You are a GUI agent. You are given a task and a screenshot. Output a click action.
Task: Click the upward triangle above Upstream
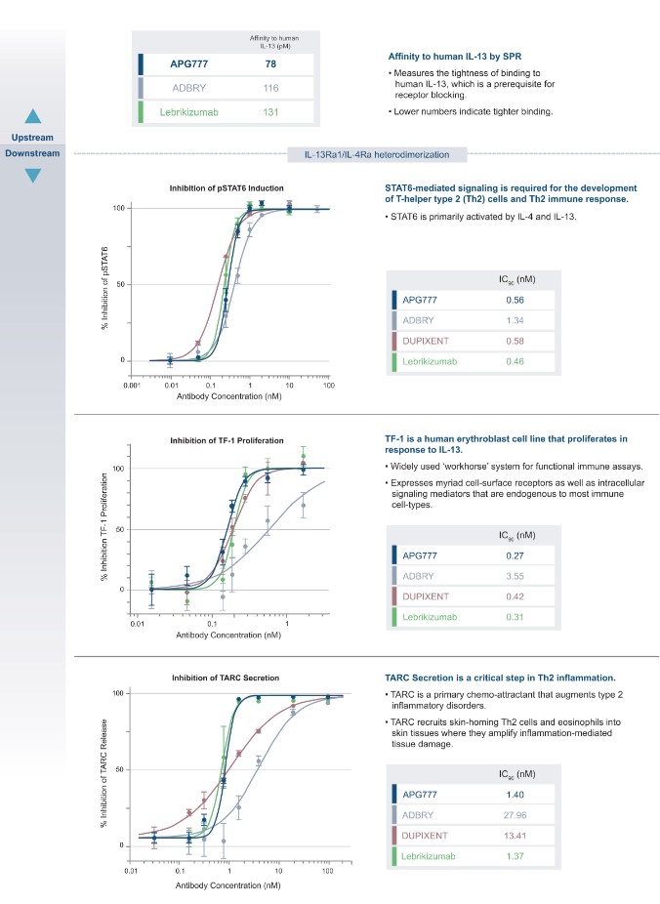(x=33, y=116)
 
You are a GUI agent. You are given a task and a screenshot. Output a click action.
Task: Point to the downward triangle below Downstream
(x=33, y=175)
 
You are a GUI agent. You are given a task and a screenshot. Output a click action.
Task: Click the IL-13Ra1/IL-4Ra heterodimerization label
(x=376, y=153)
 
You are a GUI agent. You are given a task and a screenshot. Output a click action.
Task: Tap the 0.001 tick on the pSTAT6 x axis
(x=132, y=387)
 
